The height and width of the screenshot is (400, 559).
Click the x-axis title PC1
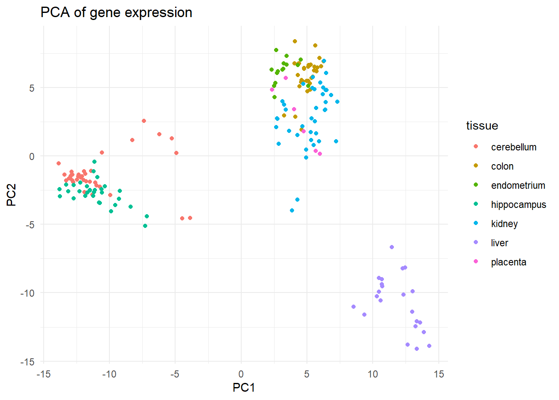click(244, 387)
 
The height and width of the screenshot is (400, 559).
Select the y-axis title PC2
click(11, 195)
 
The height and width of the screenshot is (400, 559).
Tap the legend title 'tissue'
click(482, 125)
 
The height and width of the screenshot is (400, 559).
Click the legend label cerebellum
click(514, 147)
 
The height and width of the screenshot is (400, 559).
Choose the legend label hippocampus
click(518, 205)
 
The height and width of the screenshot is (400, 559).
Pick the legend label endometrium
click(518, 185)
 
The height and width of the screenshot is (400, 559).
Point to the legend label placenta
click(509, 262)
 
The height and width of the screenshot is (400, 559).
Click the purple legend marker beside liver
click(476, 242)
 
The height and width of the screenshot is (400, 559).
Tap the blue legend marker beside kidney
click(476, 223)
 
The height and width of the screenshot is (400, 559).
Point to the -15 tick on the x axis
click(43, 374)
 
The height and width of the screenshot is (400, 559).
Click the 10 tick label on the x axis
click(373, 374)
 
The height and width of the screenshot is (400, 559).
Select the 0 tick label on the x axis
click(241, 374)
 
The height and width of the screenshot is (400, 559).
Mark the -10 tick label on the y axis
click(27, 293)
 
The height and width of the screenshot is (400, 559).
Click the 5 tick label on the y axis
click(32, 88)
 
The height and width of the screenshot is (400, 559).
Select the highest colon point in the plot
click(295, 41)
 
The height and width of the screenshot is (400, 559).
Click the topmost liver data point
click(392, 247)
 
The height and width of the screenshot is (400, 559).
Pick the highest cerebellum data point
click(144, 121)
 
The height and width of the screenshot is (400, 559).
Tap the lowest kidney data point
click(292, 210)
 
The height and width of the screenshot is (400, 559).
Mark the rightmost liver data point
click(429, 346)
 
